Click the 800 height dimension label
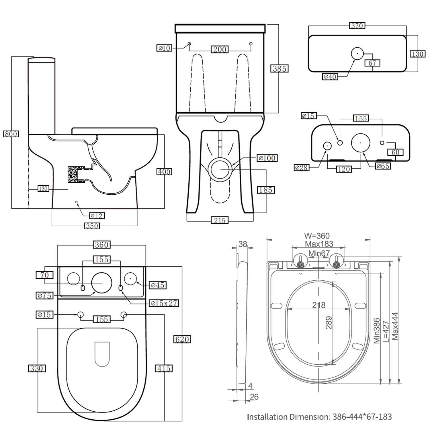[x=11, y=134]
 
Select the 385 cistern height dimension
[x=279, y=69]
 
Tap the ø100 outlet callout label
[x=267, y=158]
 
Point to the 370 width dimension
[x=357, y=26]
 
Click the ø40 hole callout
[x=330, y=77]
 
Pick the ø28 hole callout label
[x=301, y=167]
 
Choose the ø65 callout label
[x=383, y=166]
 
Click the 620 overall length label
[x=182, y=339]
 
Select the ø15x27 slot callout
[x=164, y=303]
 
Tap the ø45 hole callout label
[x=158, y=285]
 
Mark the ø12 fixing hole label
[x=97, y=216]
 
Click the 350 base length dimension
[x=92, y=226]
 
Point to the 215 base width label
[x=220, y=220]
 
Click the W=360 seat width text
[x=317, y=236]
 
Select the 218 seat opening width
[x=319, y=305]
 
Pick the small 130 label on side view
[x=43, y=189]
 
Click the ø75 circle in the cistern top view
[x=101, y=283]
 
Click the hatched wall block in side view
[x=73, y=174]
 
